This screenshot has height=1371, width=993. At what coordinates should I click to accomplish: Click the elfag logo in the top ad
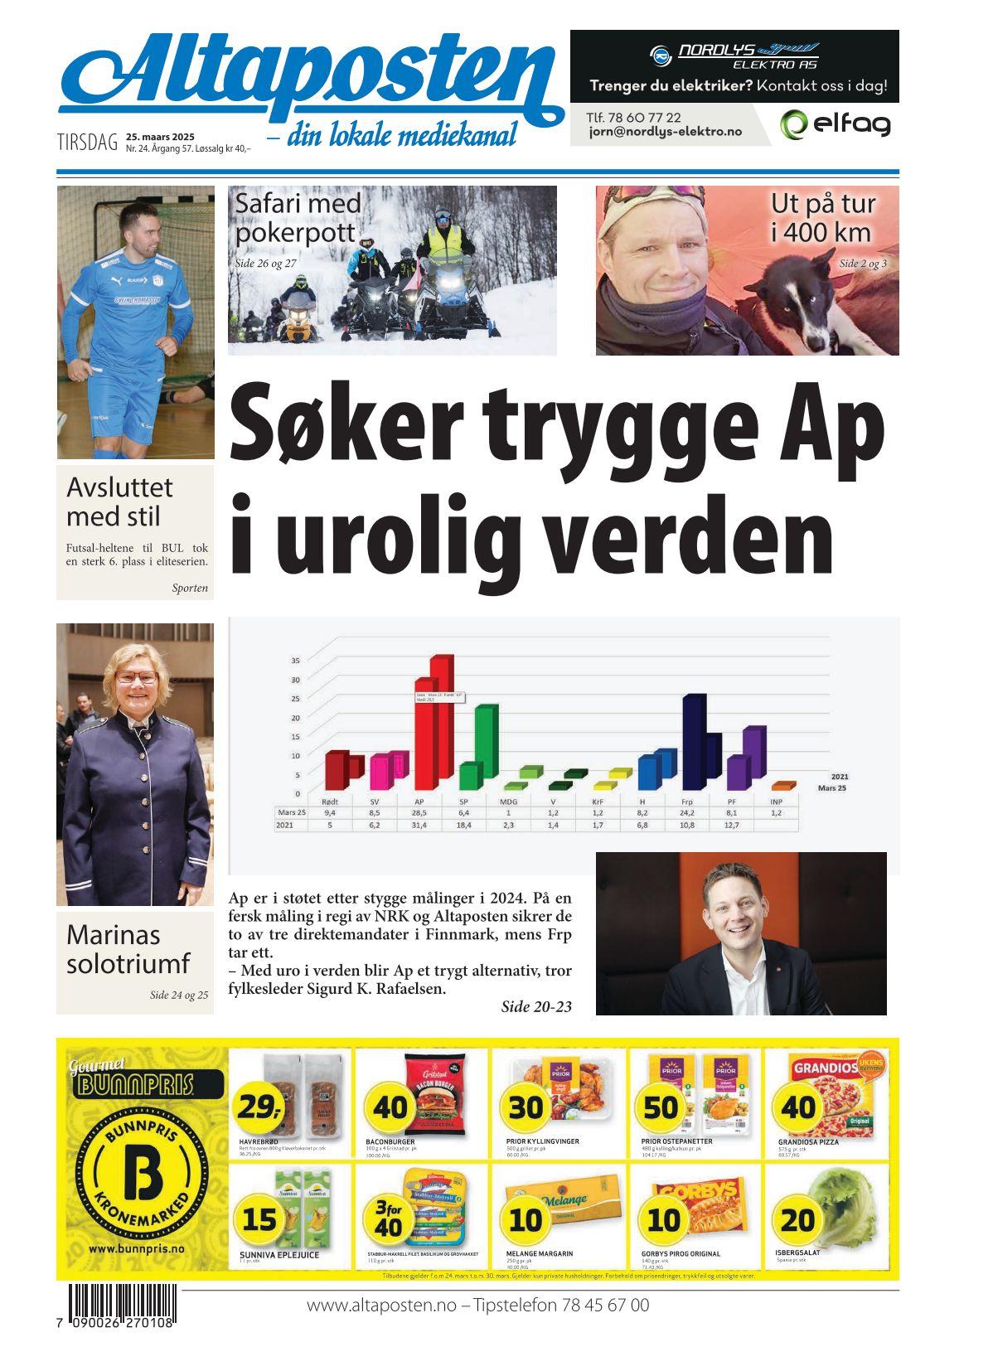click(x=836, y=124)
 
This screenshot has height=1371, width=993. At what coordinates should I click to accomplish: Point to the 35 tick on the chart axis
click(x=295, y=661)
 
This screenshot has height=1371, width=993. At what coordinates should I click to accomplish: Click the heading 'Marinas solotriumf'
click(x=128, y=949)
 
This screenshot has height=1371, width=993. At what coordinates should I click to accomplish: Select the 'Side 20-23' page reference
click(x=536, y=1007)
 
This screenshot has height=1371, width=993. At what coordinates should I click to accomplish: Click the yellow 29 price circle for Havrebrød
click(x=259, y=1106)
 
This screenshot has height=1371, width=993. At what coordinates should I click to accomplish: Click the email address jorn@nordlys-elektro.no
click(x=666, y=132)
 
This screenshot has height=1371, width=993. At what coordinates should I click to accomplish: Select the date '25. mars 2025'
click(x=160, y=137)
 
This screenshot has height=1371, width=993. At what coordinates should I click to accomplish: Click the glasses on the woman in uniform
click(x=137, y=676)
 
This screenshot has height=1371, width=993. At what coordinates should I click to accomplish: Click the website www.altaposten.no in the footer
click(x=381, y=1306)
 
